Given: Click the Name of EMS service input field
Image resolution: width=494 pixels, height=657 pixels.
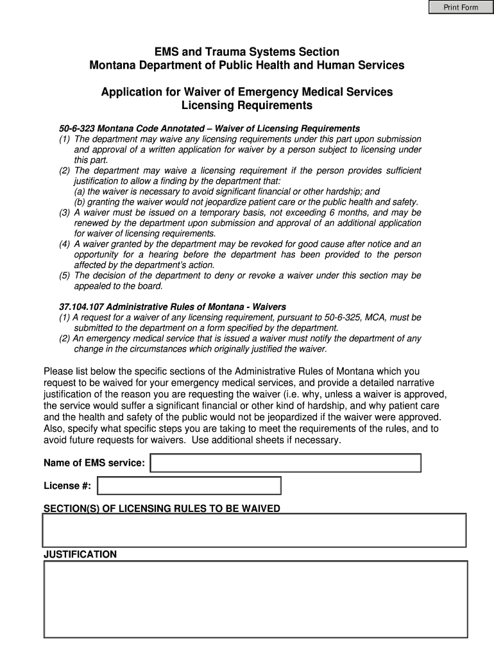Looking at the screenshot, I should [x=285, y=463].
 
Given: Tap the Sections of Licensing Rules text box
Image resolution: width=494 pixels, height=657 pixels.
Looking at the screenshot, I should [x=254, y=530].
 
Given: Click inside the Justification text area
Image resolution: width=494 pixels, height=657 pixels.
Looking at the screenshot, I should [x=255, y=600].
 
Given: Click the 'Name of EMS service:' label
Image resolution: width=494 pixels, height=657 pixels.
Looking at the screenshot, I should [x=94, y=463].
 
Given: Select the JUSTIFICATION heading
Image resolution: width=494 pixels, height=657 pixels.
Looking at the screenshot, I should [x=80, y=554].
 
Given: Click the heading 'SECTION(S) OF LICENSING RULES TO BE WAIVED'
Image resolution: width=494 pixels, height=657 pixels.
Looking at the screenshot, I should [x=162, y=509].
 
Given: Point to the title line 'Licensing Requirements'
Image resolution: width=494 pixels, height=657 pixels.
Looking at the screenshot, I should [x=247, y=105].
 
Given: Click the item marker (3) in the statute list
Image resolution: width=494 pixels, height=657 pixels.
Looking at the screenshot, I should [x=65, y=212].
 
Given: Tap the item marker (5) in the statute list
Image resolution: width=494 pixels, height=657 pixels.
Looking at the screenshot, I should [x=65, y=276].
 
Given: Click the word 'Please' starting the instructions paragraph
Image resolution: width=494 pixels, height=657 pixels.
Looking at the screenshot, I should [x=58, y=371].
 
